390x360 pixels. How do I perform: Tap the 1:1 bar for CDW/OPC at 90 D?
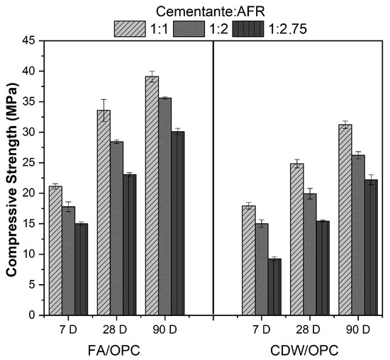[345, 220]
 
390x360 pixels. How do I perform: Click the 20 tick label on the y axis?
[29, 193]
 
